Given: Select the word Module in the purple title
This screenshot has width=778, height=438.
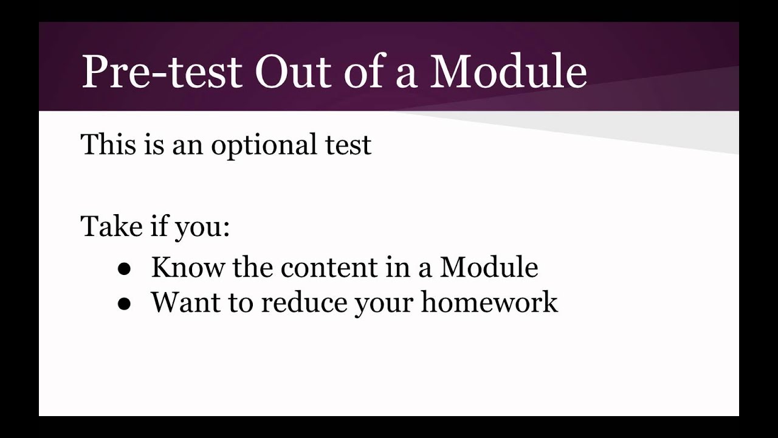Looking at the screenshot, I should (509, 72).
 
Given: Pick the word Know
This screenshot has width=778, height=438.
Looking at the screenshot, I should (188, 267).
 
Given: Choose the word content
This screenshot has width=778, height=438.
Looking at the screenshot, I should (320, 267).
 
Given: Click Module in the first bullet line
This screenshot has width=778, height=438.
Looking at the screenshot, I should (489, 267).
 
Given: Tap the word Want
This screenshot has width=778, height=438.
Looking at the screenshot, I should (186, 302).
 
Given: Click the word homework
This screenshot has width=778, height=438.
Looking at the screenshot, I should (489, 302).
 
